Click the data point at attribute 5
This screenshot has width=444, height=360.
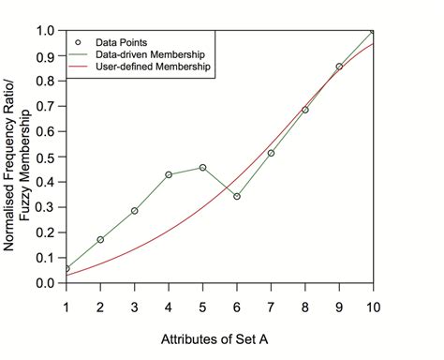point(202,168)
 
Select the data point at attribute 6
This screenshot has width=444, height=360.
point(237,196)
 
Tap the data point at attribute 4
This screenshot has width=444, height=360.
point(169,174)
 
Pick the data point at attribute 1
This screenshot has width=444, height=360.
point(67,269)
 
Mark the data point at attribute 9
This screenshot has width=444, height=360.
point(339,67)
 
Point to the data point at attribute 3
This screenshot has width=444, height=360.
point(135,211)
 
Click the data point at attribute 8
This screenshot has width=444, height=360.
point(305,110)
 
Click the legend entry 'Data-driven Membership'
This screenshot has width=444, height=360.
point(150,55)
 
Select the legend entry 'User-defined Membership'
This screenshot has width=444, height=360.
point(154,68)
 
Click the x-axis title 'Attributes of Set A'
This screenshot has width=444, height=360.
point(220,335)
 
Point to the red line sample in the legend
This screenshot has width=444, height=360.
point(79,68)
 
